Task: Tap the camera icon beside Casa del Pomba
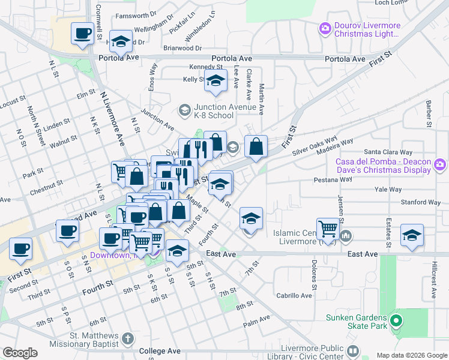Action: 440,164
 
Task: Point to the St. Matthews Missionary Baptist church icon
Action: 127,340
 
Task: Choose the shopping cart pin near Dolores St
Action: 328,228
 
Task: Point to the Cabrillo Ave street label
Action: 294,295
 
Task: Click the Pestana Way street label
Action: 333,179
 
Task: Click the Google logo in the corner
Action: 20,353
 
